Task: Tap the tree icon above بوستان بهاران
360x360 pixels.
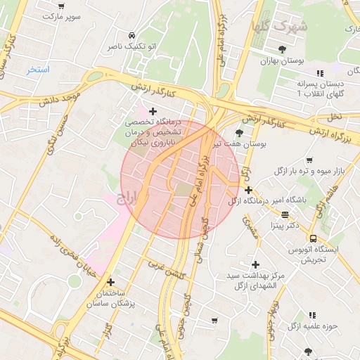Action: tap(282, 49)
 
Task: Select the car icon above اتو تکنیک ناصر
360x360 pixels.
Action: tap(131, 34)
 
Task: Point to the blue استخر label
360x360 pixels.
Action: tap(38, 70)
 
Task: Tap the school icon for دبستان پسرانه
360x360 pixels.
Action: tap(321, 72)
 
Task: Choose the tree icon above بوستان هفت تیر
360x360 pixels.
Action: tap(239, 132)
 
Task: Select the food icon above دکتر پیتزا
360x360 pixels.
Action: tap(285, 214)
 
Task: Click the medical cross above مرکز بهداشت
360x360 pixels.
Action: tap(255, 264)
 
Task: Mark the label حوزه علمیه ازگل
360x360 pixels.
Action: tap(312, 326)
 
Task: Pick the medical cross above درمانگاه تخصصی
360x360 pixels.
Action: tap(153, 110)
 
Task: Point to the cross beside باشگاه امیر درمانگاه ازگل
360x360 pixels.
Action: tap(248, 190)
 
